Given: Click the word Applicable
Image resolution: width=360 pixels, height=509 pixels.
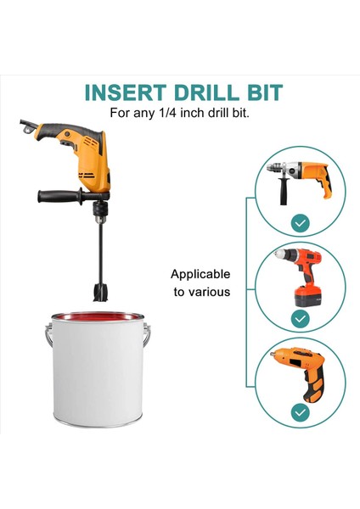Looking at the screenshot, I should point(200,274).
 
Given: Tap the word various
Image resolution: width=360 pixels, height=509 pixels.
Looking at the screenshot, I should point(202,292).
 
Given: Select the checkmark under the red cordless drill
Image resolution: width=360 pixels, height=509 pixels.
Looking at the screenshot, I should point(300,318).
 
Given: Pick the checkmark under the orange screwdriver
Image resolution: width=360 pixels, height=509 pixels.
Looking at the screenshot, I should point(300,412).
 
